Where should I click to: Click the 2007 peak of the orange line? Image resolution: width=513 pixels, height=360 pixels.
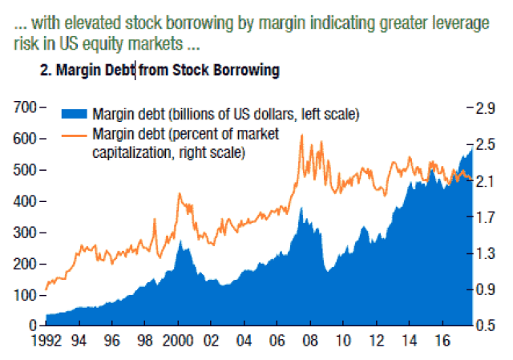[x=301, y=136]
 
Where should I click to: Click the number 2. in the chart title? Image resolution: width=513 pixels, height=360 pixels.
[x=46, y=71]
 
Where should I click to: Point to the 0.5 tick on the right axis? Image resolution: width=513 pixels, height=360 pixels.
[x=490, y=326]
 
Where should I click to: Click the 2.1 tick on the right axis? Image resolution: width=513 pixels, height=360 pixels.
[x=490, y=181]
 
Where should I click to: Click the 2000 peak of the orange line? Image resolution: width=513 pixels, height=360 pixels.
[x=179, y=194]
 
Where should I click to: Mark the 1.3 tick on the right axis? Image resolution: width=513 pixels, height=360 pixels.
[x=490, y=254]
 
